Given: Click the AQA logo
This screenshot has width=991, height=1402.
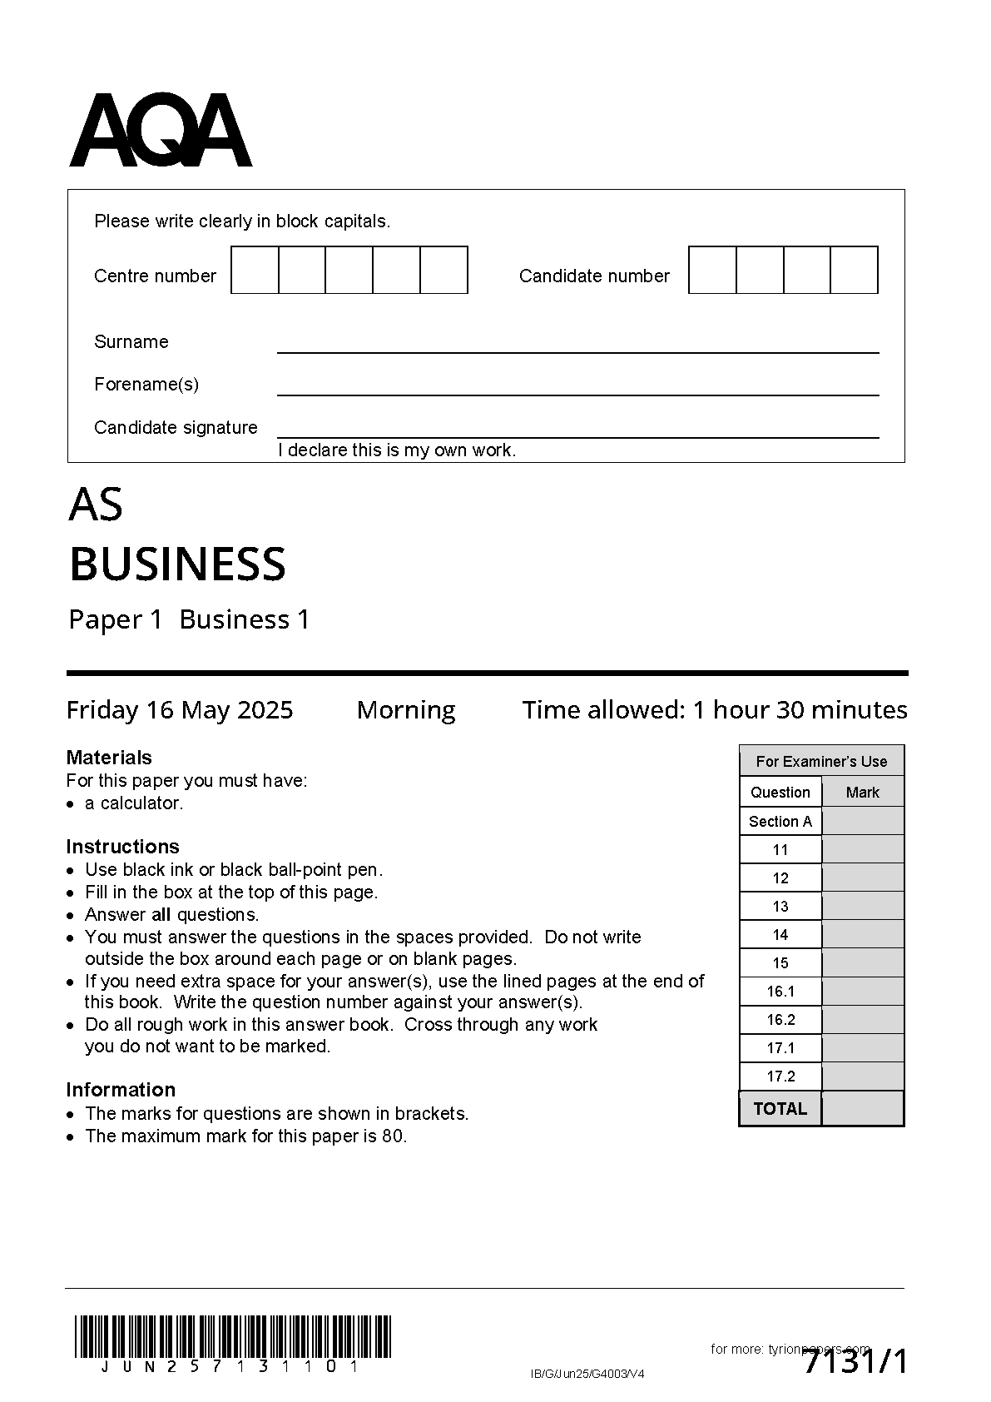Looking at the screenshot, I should click(x=161, y=131).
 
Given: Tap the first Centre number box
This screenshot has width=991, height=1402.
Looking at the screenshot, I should click(x=255, y=270).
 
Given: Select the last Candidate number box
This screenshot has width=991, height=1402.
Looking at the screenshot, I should click(x=855, y=270).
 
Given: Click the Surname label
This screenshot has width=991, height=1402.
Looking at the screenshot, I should click(x=131, y=341).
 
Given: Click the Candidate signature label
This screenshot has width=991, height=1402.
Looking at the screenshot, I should click(x=176, y=427).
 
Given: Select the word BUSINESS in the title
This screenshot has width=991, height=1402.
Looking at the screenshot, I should click(x=177, y=564).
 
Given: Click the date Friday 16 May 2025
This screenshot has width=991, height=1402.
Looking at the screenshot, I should click(x=180, y=709).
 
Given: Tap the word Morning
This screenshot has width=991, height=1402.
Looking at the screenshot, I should click(x=406, y=709).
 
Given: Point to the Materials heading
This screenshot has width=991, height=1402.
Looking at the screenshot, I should click(x=109, y=757).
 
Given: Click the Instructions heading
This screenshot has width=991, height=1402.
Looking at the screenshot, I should click(x=122, y=846).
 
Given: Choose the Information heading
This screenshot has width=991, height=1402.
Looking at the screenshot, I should click(x=121, y=1089).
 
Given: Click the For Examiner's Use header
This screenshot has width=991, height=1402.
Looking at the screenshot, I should click(x=821, y=761).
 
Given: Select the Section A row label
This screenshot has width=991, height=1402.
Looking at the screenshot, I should click(x=780, y=821).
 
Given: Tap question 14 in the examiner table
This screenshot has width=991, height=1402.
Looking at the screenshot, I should click(x=780, y=934).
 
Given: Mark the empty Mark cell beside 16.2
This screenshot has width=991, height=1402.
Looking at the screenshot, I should click(x=863, y=1019).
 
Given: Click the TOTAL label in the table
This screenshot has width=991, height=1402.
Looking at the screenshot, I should click(x=780, y=1108).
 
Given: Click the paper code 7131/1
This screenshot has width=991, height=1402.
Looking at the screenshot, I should click(x=855, y=1363).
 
